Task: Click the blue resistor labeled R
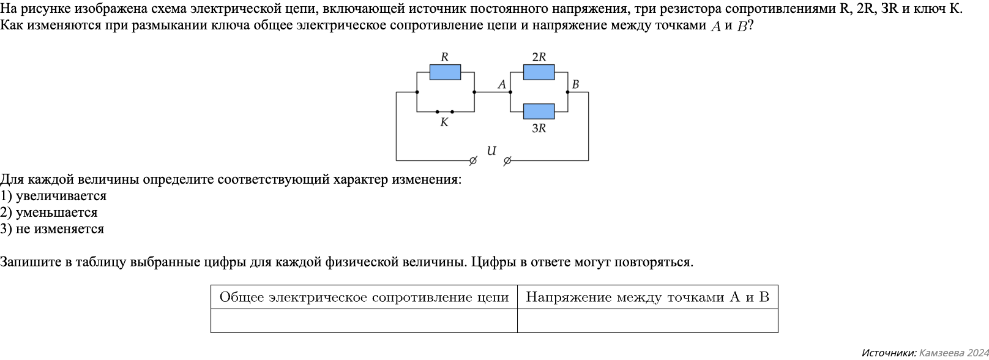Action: click(445, 72)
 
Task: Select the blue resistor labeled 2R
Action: click(539, 72)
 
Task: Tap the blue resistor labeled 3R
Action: click(539, 111)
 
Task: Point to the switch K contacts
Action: click(444, 112)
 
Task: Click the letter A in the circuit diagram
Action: click(502, 84)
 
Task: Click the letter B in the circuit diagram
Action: click(575, 84)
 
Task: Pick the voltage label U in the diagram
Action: click(491, 151)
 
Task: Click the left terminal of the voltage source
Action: click(472, 161)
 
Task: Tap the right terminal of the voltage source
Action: click(507, 161)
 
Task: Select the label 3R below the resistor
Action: click(539, 129)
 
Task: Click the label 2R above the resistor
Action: click(539, 57)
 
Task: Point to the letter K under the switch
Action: click(444, 122)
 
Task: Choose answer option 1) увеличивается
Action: click(53, 196)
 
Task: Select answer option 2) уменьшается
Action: click(49, 212)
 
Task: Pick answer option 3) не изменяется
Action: click(52, 229)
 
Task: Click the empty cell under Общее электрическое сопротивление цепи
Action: click(364, 321)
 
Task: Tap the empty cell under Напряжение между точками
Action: click(648, 321)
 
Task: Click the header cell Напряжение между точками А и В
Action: click(648, 298)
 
